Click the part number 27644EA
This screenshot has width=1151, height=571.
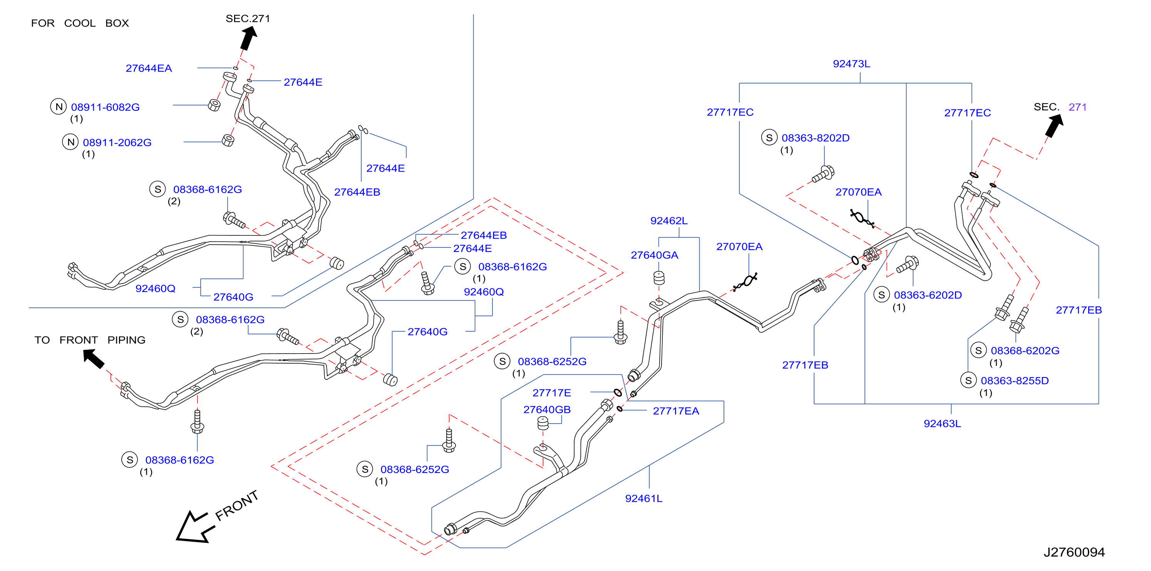click(149, 68)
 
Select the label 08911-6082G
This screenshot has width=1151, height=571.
click(106, 107)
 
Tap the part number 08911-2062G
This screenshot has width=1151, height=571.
click(117, 142)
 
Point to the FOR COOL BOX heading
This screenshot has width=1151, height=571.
click(80, 23)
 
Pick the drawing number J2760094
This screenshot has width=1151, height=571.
click(1074, 552)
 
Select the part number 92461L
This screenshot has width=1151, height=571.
click(643, 498)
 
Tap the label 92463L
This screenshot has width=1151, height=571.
click(942, 424)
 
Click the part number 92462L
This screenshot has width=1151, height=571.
click(669, 220)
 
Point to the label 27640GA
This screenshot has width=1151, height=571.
click(655, 255)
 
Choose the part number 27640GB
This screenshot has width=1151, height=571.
click(547, 409)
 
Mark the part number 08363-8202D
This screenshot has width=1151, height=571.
click(816, 138)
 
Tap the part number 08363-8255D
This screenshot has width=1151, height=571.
click(1015, 381)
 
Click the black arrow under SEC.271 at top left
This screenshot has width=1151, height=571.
click(248, 38)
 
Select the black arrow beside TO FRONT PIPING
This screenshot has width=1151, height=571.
click(94, 359)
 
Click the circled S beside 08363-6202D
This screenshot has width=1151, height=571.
click(881, 295)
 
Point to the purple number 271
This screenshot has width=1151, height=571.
click(1077, 107)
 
